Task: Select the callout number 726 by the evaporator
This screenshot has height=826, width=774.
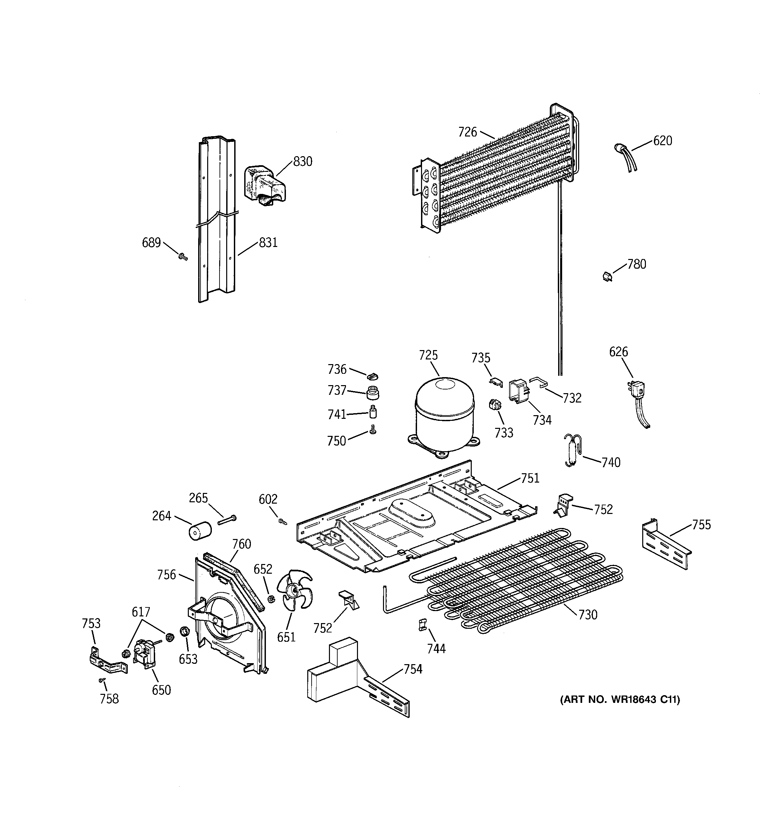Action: tap(467, 132)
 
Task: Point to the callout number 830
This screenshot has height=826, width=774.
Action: tap(303, 161)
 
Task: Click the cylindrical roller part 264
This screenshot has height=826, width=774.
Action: tap(200, 531)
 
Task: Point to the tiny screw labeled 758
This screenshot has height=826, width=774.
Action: tap(102, 680)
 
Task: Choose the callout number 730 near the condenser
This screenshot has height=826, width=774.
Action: tap(588, 614)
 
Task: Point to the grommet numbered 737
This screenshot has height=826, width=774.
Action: tap(373, 392)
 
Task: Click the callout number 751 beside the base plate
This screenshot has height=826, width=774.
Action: tap(530, 478)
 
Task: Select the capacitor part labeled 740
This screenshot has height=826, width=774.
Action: tap(573, 451)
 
